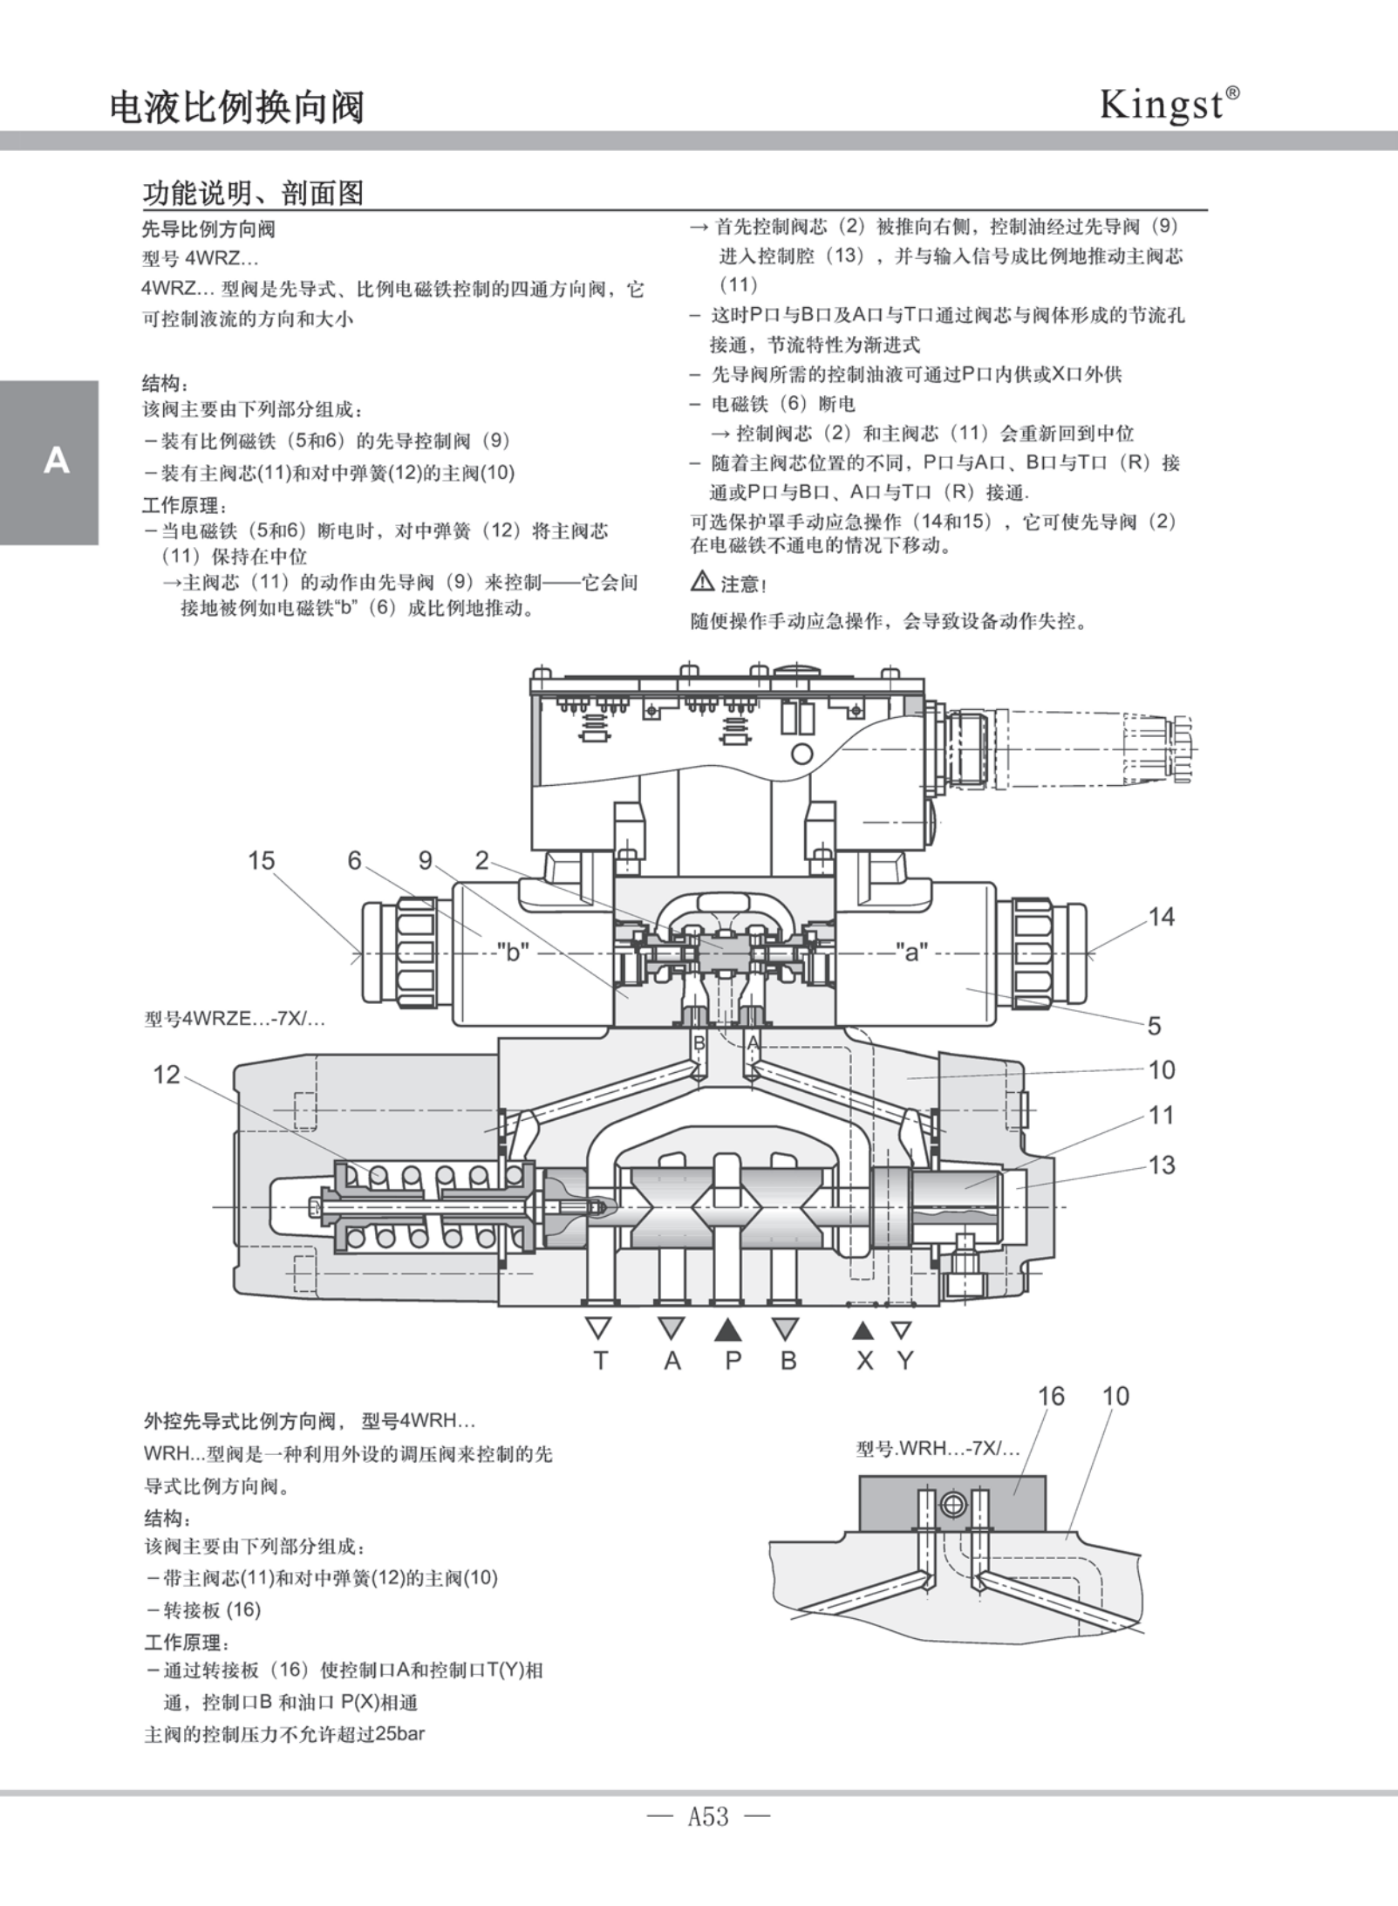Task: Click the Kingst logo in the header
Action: [1168, 105]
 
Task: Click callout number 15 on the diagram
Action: [261, 861]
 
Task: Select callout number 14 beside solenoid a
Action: [1161, 917]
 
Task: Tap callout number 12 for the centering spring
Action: [166, 1075]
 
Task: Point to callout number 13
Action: [1161, 1165]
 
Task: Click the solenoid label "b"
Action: [513, 952]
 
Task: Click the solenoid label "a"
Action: [911, 952]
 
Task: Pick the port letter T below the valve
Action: [600, 1360]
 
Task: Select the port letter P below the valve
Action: [733, 1360]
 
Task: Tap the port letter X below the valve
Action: [863, 1360]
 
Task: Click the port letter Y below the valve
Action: [905, 1360]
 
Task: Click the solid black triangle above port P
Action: [728, 1329]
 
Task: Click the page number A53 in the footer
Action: [708, 1816]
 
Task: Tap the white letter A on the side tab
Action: [56, 460]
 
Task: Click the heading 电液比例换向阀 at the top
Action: [236, 107]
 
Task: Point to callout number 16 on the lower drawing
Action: [1051, 1397]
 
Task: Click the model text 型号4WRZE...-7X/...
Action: [234, 1018]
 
